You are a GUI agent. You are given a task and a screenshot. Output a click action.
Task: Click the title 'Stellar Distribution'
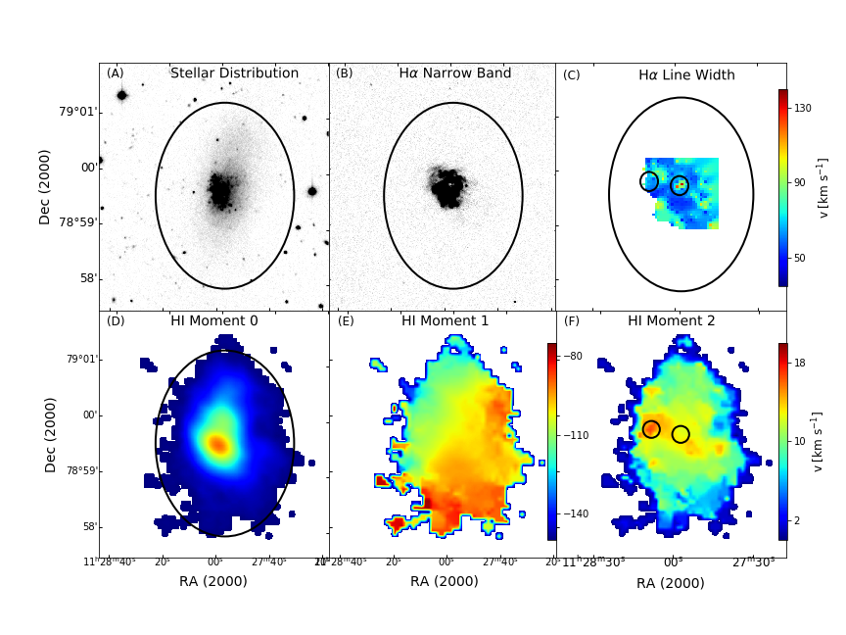coord(234,73)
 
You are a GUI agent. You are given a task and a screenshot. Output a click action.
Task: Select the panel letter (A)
coord(116,73)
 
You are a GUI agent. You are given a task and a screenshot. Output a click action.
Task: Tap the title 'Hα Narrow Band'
coord(441,73)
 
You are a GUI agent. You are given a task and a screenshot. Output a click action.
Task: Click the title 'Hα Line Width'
coord(686,75)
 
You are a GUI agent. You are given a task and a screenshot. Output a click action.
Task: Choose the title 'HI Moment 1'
coord(445,320)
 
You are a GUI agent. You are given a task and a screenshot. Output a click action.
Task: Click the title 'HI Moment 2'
coord(671,320)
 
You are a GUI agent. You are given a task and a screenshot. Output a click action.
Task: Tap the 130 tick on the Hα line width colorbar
coord(802,108)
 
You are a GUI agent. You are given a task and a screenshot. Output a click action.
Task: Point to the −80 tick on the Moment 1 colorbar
coord(573,357)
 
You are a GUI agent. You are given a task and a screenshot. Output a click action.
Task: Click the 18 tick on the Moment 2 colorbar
coord(799,363)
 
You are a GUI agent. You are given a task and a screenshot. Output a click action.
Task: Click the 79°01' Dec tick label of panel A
coord(78,112)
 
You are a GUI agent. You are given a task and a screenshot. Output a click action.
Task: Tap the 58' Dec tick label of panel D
coord(87,526)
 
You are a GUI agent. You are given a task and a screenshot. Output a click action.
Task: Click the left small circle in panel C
coord(649,181)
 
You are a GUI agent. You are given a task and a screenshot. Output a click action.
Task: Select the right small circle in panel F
coord(681,434)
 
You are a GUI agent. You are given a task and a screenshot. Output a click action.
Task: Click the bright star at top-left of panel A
coord(122,95)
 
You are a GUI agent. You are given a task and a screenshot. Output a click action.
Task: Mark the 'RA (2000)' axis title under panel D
coord(212,581)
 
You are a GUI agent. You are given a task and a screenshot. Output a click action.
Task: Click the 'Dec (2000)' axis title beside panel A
coord(45,187)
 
